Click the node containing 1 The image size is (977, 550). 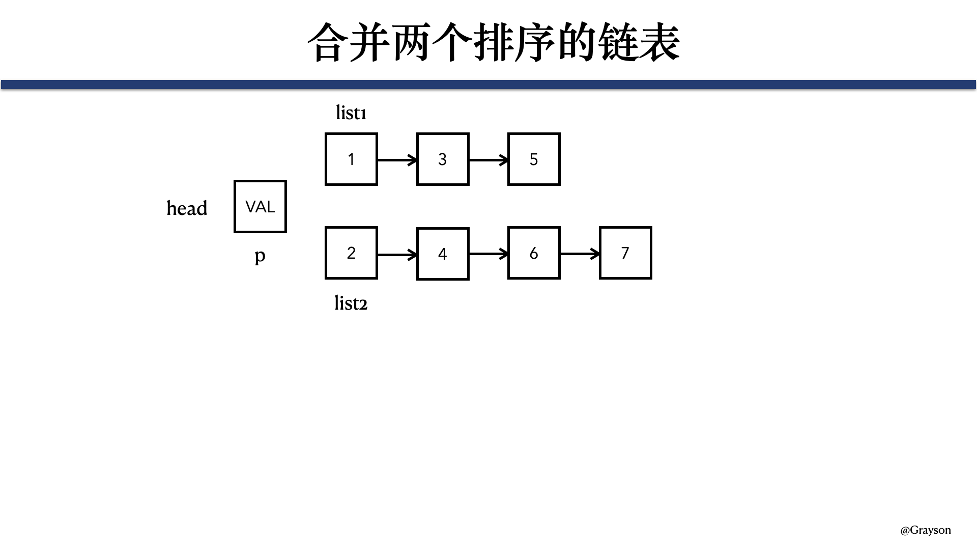pos(351,159)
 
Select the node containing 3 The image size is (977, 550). pos(443,159)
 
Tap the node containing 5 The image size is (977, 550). pos(534,159)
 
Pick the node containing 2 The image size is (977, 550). pos(351,253)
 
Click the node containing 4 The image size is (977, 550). pos(443,254)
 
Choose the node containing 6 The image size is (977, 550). pos(534,253)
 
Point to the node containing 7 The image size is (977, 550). pos(625,253)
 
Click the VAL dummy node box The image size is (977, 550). pos(260,206)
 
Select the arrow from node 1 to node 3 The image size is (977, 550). pos(397,160)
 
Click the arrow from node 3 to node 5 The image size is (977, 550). pos(489,160)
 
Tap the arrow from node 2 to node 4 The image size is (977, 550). pos(397,254)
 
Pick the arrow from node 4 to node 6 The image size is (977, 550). pos(489,254)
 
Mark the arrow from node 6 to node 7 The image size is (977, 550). pos(580,254)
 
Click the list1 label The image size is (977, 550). pos(351,113)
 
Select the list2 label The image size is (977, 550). pos(351,303)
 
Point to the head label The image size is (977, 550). pos(187,208)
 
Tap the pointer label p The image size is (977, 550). pos(260,256)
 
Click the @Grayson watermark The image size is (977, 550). pos(926,530)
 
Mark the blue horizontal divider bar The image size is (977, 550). pos(489,85)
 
